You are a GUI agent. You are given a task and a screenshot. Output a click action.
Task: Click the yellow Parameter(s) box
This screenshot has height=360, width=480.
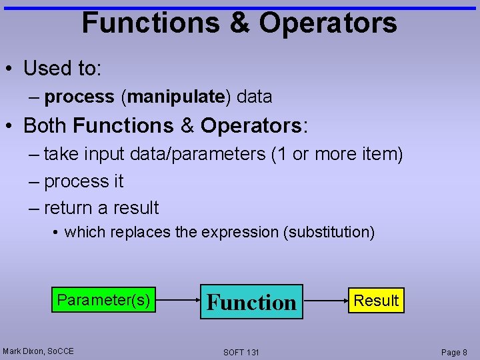pyautogui.click(x=103, y=300)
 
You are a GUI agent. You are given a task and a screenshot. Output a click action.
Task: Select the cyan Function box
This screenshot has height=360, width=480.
pyautogui.click(x=251, y=302)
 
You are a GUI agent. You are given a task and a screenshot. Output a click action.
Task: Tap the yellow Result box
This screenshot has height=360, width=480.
pyautogui.click(x=376, y=301)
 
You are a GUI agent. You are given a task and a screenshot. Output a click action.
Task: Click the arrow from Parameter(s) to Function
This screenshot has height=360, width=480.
pyautogui.click(x=177, y=301)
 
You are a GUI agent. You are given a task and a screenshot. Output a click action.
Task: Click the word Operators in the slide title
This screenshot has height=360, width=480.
pyautogui.click(x=327, y=23)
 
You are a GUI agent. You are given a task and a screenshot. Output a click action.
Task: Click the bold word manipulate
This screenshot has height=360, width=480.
pyautogui.click(x=175, y=97)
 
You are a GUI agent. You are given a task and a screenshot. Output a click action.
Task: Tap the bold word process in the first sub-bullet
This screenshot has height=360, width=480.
pyautogui.click(x=79, y=97)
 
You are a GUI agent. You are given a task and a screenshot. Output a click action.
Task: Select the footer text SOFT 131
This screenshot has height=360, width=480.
pyautogui.click(x=241, y=352)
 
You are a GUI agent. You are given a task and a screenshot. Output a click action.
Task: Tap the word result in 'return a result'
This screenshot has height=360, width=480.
pyautogui.click(x=136, y=208)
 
